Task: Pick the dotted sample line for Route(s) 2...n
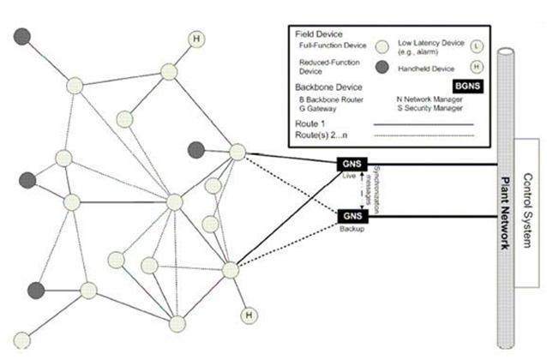pyautogui.click(x=424, y=135)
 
